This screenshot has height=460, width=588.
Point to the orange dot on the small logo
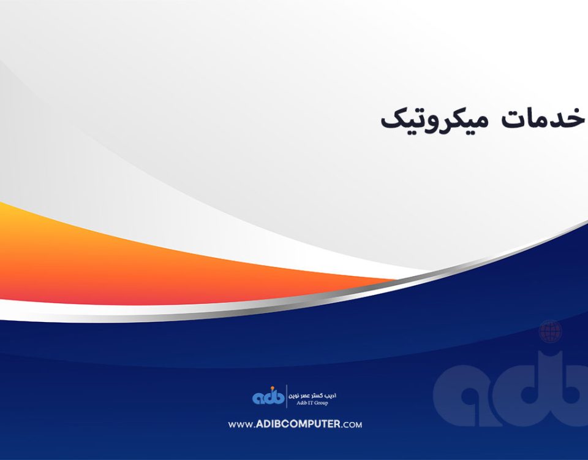(x=273, y=388)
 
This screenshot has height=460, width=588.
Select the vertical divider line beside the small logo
(x=287, y=396)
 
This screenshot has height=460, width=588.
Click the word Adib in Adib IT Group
(x=302, y=404)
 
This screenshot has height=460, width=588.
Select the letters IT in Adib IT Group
(x=311, y=404)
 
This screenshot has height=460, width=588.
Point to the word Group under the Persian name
(x=320, y=404)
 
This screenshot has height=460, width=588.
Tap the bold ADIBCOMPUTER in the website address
(x=298, y=424)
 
